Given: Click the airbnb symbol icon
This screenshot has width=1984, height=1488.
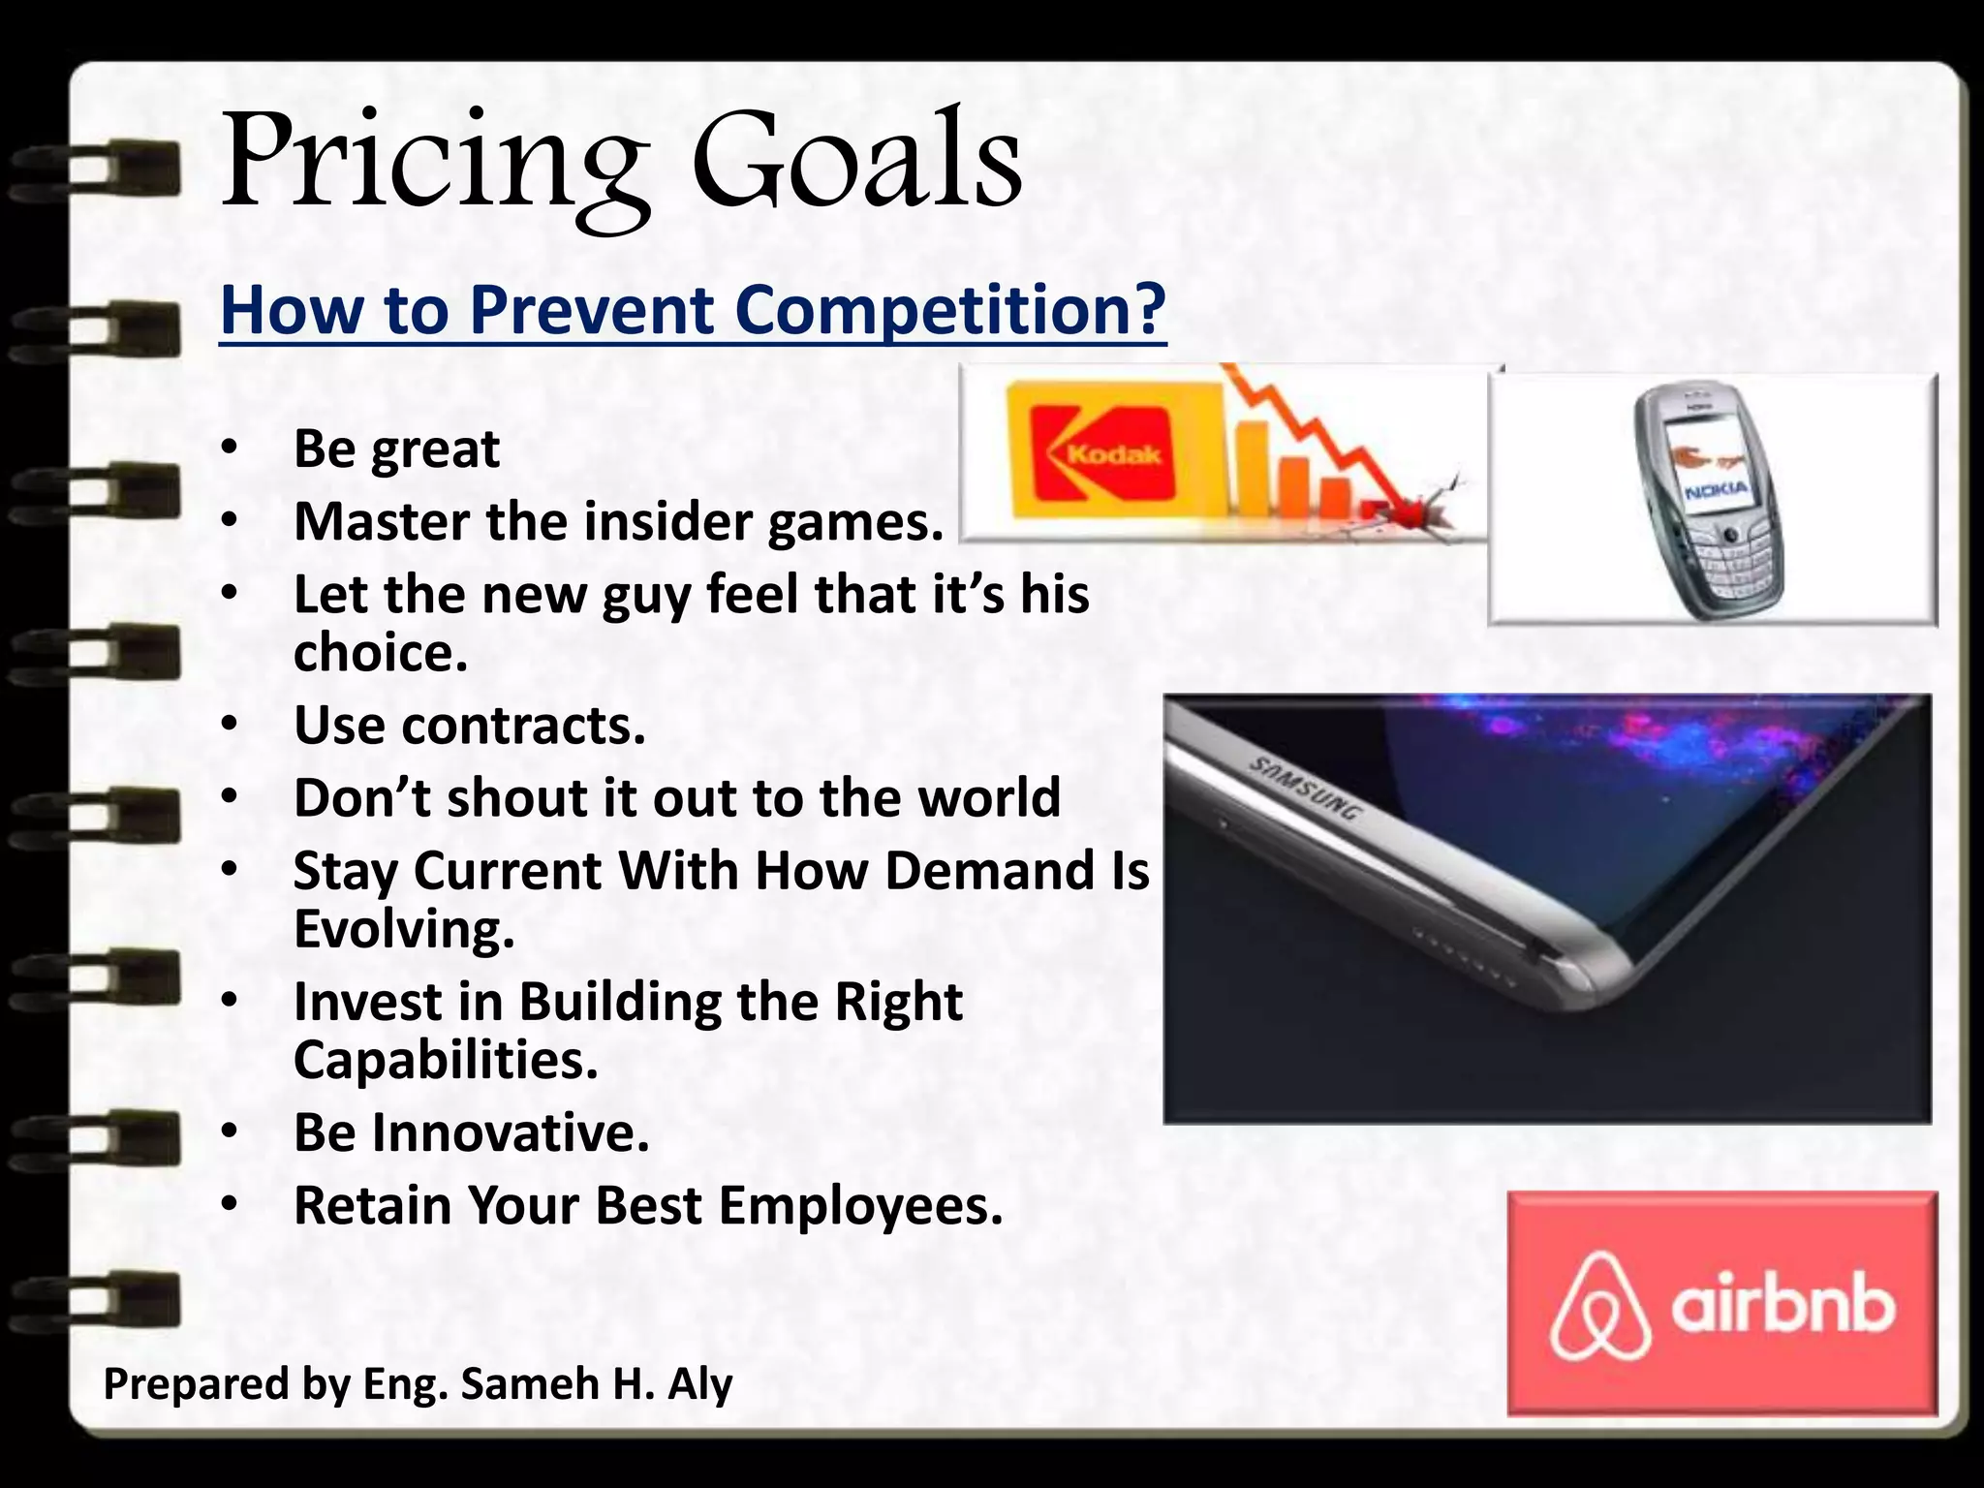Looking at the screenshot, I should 1599,1306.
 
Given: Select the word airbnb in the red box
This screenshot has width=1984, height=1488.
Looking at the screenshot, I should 1782,1306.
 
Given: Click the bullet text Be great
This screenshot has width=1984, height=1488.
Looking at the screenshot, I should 396,449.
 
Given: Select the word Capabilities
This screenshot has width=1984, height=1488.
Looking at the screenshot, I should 446,1060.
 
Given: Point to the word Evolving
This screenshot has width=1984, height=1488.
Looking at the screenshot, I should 404,929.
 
